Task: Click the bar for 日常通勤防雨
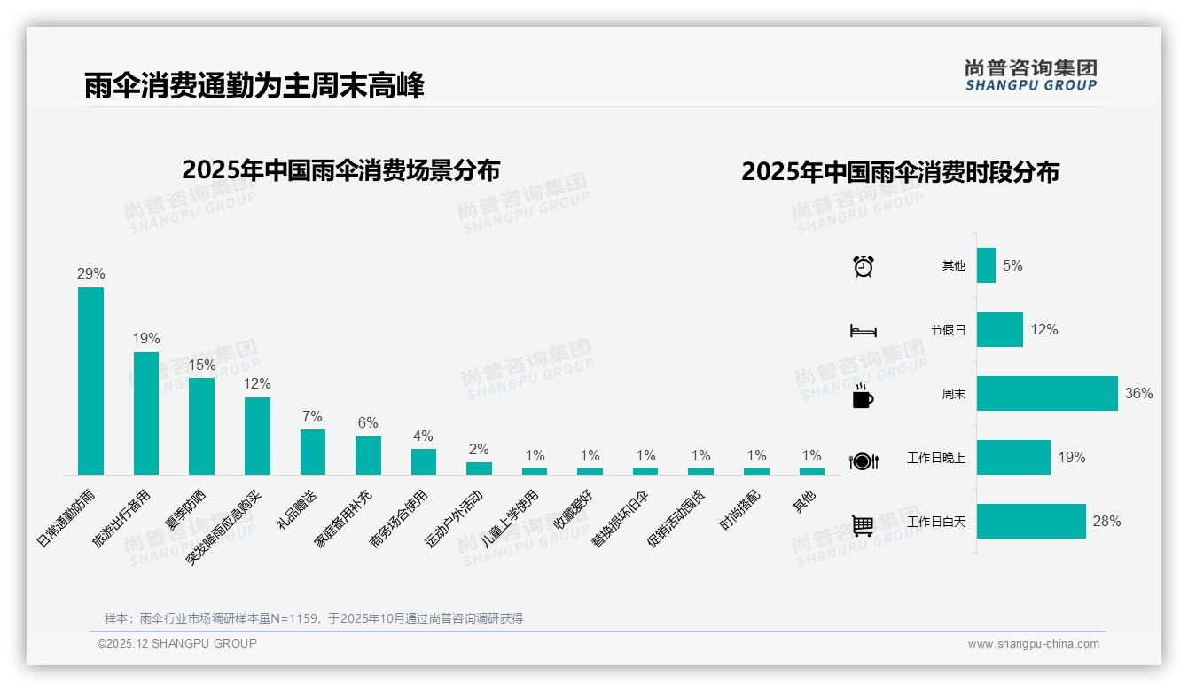click(x=90, y=381)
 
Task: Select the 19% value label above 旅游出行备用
click(x=146, y=338)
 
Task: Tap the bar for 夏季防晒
click(x=201, y=426)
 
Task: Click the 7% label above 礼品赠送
click(x=312, y=416)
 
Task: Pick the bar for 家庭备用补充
click(x=368, y=455)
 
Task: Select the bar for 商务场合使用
click(x=424, y=461)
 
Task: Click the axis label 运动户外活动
click(x=454, y=517)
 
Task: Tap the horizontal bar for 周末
click(x=1047, y=393)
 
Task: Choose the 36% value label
click(x=1138, y=393)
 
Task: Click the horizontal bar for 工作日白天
click(x=1031, y=522)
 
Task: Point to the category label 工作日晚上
click(x=935, y=458)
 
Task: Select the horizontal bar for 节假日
click(x=999, y=329)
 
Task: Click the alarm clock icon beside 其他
click(x=863, y=266)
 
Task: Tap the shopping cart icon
click(x=863, y=525)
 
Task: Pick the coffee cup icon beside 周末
click(x=863, y=397)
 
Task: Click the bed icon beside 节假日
click(x=863, y=331)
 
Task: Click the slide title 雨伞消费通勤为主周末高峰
click(x=254, y=85)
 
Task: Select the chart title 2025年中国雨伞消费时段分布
click(x=900, y=171)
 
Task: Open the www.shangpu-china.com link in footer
click(x=1033, y=644)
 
